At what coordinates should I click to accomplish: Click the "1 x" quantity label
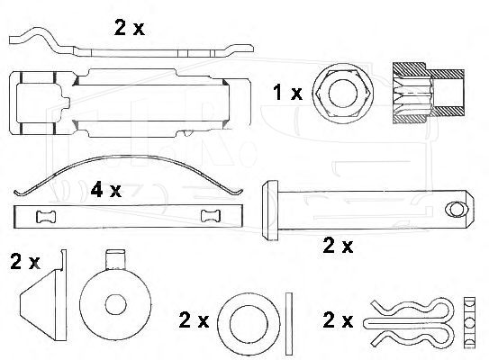287,93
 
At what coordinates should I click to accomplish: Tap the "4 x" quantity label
105,190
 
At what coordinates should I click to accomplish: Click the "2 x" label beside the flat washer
194,319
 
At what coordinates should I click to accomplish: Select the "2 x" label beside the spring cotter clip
338,319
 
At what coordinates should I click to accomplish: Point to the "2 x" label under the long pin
338,246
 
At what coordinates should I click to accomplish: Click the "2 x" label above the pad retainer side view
130,27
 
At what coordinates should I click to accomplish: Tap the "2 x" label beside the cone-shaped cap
25,262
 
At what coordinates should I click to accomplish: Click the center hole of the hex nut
343,94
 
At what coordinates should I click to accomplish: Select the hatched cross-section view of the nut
429,94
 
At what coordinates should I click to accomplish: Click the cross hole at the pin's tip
457,210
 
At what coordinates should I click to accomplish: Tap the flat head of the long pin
270,211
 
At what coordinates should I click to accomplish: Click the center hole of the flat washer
249,324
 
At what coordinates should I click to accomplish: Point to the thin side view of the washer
289,324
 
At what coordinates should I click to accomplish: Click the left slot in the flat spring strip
46,217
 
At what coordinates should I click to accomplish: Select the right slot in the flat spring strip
211,216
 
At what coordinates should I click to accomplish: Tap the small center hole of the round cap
115,305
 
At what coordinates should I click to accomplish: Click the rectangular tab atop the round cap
115,259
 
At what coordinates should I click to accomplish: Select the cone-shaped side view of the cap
43,295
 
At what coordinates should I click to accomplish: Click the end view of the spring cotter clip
469,322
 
